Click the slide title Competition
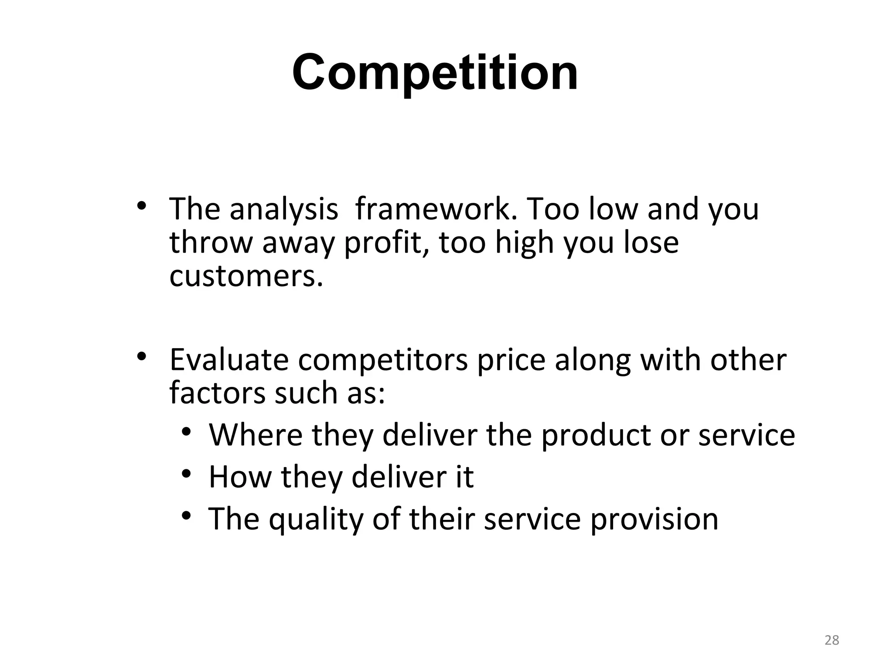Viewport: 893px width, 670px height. pos(435,72)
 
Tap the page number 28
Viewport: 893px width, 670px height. pos(832,640)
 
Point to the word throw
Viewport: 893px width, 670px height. pos(211,243)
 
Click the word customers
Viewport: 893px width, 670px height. pos(245,277)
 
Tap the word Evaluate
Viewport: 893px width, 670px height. pos(229,360)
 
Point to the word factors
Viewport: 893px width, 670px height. pos(217,393)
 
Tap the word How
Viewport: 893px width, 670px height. pos(240,477)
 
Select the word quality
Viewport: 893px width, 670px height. pos(316,520)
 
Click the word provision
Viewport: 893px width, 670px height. pos(654,520)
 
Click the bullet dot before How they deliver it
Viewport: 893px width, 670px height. pos(187,474)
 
